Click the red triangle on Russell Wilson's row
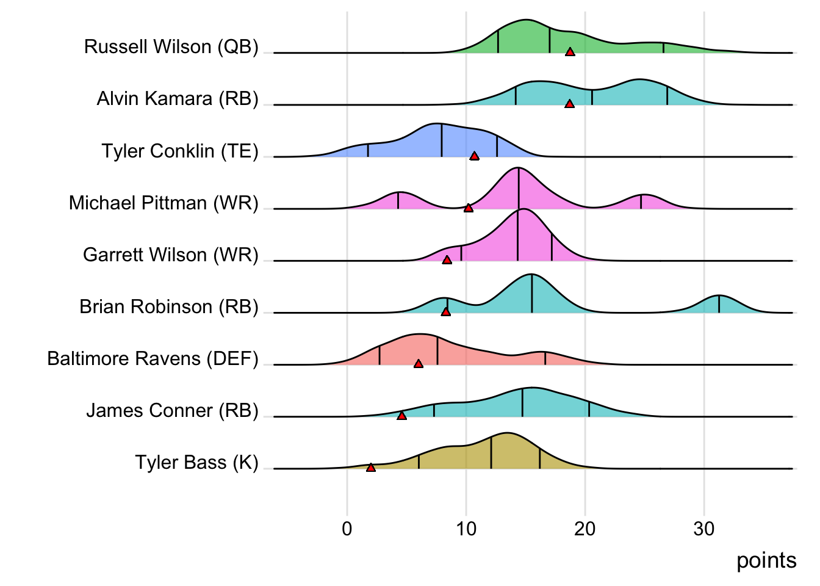point(570,52)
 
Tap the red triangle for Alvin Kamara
point(569,104)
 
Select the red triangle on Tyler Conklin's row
point(474,156)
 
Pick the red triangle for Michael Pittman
point(468,208)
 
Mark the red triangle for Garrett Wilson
point(447,260)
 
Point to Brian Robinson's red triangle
point(445,312)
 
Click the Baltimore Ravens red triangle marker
point(418,364)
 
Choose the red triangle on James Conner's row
point(401,416)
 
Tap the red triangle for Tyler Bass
point(370,468)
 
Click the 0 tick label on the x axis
point(347,529)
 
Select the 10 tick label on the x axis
point(466,529)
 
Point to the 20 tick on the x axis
point(585,529)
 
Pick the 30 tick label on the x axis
point(704,529)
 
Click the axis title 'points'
point(766,560)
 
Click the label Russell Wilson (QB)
point(171,47)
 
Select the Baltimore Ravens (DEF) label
point(153,358)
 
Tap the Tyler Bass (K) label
point(197,463)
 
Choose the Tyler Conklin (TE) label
point(180,151)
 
